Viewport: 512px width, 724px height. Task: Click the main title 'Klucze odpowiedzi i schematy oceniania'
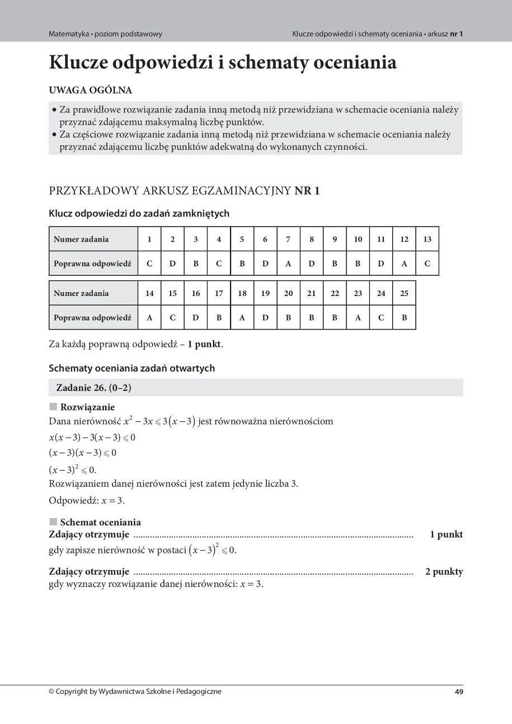[x=223, y=63]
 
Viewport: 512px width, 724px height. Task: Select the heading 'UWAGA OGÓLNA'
[x=90, y=90]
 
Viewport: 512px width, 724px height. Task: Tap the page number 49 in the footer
[x=458, y=692]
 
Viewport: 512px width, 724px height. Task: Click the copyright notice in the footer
[x=135, y=692]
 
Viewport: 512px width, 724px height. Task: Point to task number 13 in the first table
[x=427, y=239]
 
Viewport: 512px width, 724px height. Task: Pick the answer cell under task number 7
[x=288, y=264]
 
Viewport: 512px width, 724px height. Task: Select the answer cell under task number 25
[x=404, y=318]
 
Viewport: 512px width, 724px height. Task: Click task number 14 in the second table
[x=149, y=293]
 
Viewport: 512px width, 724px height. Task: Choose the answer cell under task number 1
[x=149, y=264]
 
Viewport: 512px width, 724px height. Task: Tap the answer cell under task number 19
[x=265, y=318]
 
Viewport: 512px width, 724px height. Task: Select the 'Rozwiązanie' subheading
[x=87, y=407]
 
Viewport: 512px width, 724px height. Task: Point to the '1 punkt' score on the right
[x=446, y=534]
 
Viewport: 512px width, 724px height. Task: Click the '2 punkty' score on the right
[x=444, y=572]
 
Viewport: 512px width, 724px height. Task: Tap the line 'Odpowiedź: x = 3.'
[x=87, y=501]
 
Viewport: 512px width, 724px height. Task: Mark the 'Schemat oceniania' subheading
[x=100, y=523]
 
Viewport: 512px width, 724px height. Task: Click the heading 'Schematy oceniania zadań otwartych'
[x=131, y=368]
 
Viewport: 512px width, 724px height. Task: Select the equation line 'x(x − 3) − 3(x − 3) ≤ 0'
[x=92, y=438]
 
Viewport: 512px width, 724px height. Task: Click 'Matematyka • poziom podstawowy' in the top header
[x=105, y=34]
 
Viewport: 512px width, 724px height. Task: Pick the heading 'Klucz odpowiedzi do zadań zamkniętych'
[x=139, y=214]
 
